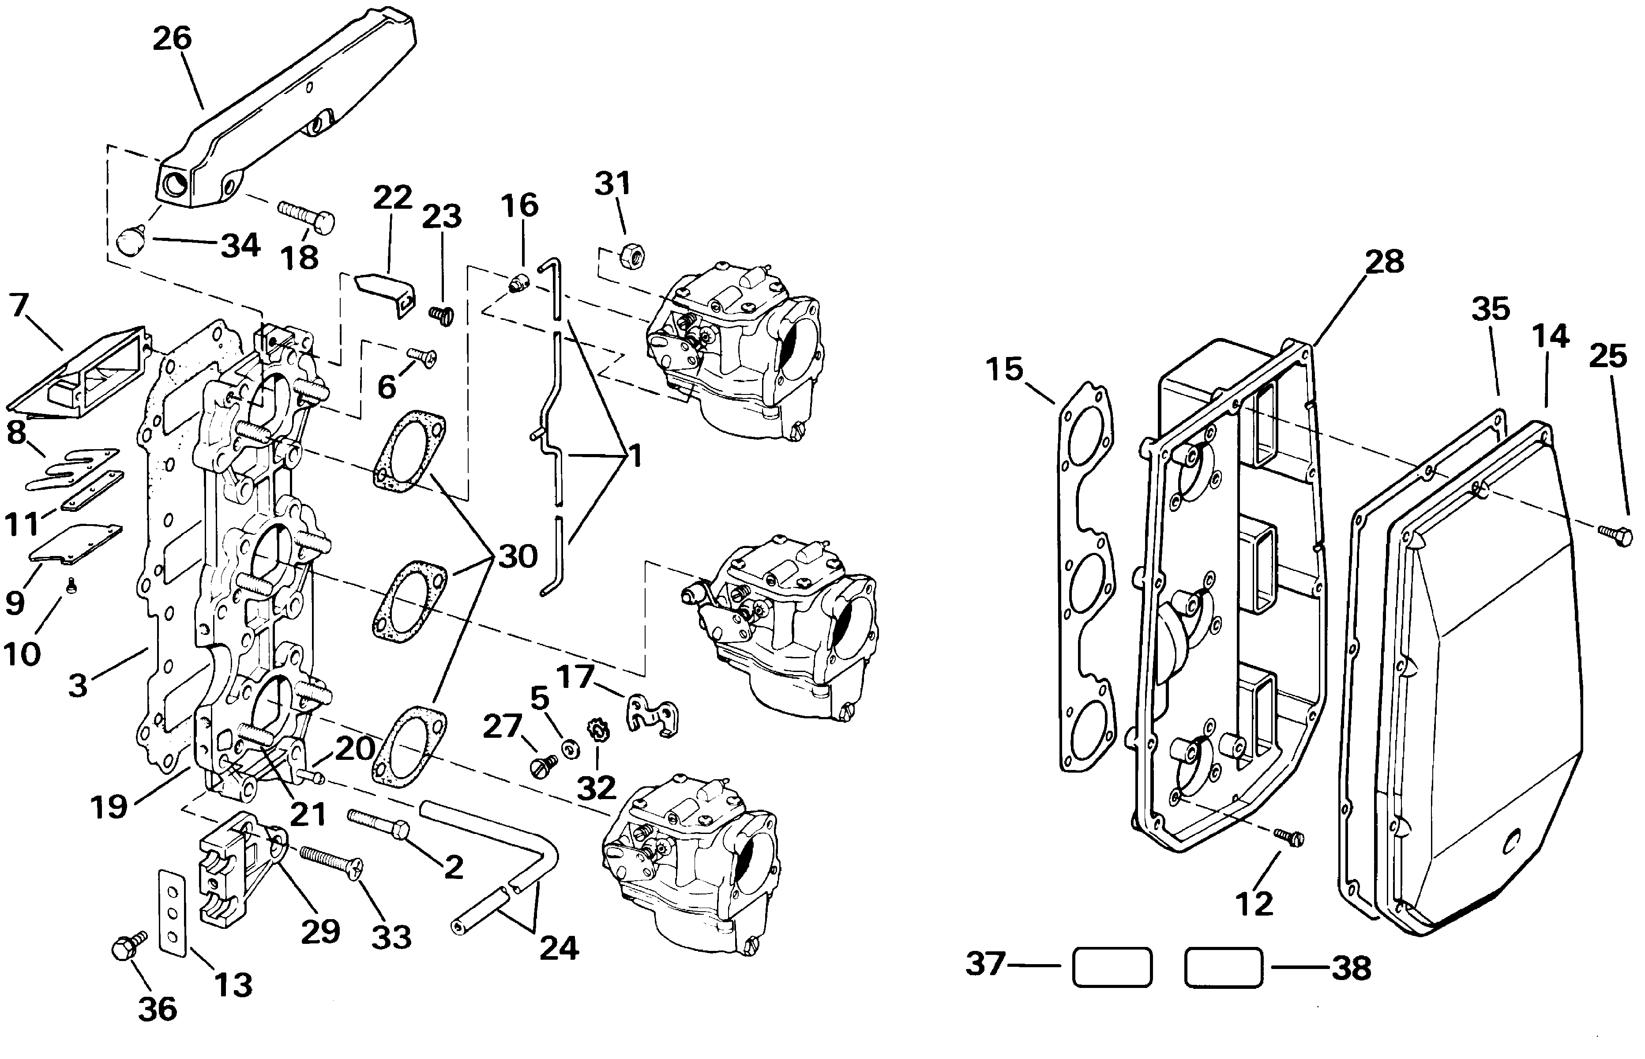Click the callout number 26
[x=172, y=38]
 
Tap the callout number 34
[x=240, y=245]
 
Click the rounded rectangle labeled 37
[x=1112, y=968]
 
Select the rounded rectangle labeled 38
[x=1224, y=968]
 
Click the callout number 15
[x=1005, y=369]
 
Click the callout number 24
[x=559, y=948]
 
